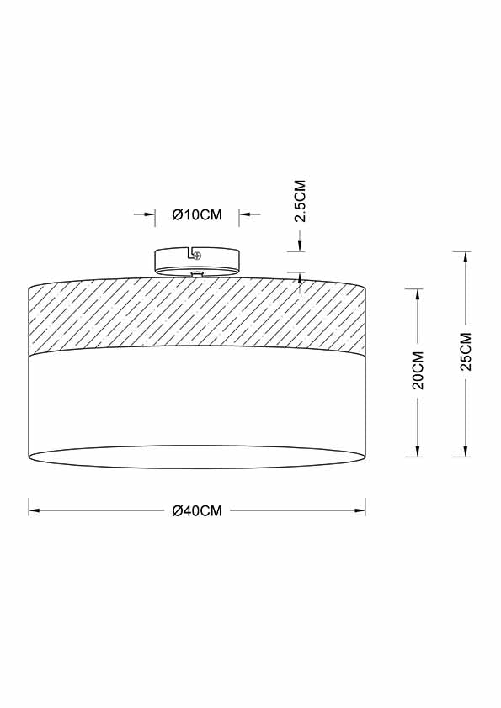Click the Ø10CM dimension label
pos(197,215)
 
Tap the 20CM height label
pos(418,372)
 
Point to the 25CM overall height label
pos(466,352)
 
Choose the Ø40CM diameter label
pos(197,510)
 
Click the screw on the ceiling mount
pos(197,255)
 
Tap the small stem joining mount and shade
pos(197,274)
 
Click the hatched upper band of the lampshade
pos(197,315)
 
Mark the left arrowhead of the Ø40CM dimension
pos(34,510)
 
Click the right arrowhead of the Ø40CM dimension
pos(360,510)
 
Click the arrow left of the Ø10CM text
pos(151,215)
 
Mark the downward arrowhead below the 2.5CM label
pos(299,246)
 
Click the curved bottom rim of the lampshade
pos(197,468)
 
